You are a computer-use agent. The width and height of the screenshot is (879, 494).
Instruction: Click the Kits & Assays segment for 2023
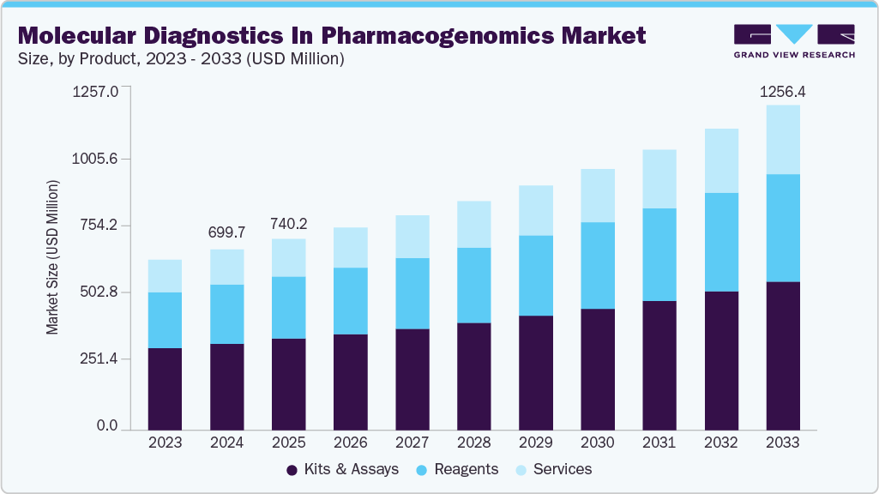(165, 388)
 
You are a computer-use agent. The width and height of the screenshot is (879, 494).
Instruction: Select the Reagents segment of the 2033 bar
(782, 227)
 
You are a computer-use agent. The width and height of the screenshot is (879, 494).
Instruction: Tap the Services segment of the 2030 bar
(597, 196)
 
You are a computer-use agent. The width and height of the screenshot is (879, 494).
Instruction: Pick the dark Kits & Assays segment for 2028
(473, 376)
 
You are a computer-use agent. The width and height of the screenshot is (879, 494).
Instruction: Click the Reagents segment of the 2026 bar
(350, 300)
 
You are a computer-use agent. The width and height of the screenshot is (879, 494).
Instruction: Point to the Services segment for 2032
(720, 160)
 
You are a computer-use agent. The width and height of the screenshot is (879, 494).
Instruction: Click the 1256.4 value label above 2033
(783, 92)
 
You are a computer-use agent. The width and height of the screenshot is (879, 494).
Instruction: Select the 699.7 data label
(226, 232)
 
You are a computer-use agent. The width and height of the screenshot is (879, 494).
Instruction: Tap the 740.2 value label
(288, 224)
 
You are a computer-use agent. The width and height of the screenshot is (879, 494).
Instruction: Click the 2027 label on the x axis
(412, 443)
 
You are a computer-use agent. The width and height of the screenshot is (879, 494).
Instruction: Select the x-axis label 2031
(659, 443)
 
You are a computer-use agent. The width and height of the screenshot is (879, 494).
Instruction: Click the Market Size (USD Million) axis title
(53, 257)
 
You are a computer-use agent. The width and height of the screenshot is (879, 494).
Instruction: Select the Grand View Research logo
(794, 41)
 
